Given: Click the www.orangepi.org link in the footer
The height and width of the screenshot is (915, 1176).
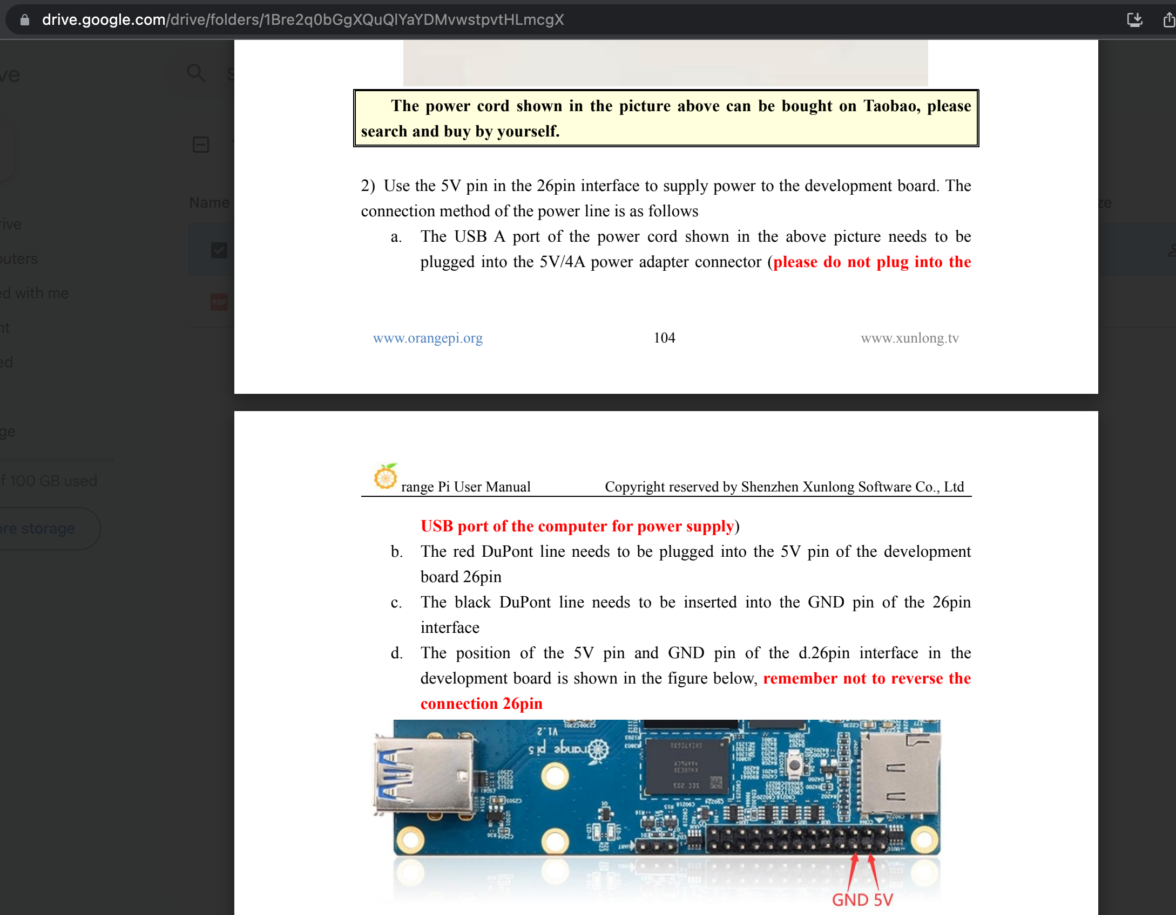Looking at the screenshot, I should tap(428, 338).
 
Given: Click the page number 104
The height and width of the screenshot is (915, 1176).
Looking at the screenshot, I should tap(664, 338).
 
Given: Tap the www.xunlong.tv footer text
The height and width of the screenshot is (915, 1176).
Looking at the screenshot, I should tap(909, 338).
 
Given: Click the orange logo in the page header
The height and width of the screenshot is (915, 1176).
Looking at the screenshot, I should tap(385, 476).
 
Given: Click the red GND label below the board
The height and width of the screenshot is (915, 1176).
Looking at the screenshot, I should tap(850, 900).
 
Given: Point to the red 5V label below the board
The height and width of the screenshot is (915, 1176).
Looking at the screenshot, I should tap(883, 900).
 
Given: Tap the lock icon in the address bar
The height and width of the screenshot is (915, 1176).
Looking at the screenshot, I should tap(24, 20).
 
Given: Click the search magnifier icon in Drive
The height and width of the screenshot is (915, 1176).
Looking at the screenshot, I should tap(195, 73).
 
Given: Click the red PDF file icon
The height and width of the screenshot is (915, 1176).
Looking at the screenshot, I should tap(219, 302).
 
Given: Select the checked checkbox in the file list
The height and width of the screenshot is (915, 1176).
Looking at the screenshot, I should tap(219, 250).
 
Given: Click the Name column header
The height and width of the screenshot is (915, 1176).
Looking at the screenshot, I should tap(209, 203).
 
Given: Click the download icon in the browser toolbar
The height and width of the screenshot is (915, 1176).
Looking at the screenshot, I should tap(1134, 20).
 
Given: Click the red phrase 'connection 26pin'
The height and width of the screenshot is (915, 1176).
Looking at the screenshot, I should tap(481, 704).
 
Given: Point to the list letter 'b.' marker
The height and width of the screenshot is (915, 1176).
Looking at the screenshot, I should tap(397, 551).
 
